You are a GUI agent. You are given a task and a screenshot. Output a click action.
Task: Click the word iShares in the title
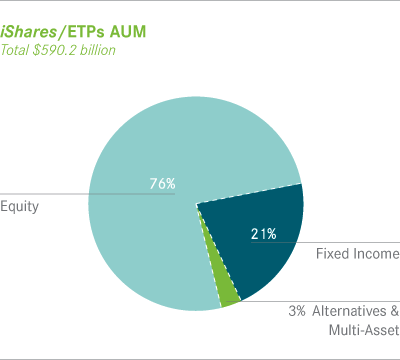pos(31,32)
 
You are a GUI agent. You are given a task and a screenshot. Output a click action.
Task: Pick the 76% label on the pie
pos(161,183)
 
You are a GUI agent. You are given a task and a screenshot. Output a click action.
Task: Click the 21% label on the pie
pos(263,235)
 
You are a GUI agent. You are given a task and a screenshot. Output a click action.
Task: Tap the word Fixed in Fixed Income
pos(333,254)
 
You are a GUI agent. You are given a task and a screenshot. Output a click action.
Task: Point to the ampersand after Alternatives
pos(392,310)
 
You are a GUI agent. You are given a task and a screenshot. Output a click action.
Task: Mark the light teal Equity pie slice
pos(150,240)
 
